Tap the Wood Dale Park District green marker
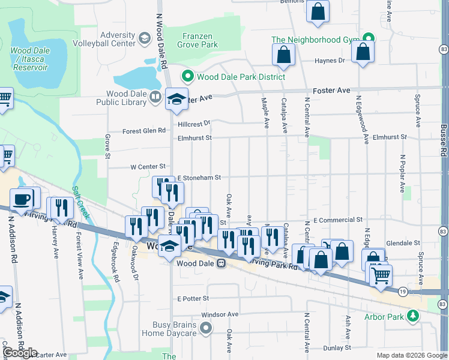[x=187, y=77]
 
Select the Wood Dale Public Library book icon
[x=155, y=96]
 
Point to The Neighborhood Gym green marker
[x=367, y=40]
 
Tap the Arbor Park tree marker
[x=412, y=315]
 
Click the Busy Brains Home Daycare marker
[x=206, y=328]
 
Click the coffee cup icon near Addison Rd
[x=22, y=199]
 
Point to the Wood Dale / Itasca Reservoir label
[x=28, y=59]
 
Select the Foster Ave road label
[x=336, y=90]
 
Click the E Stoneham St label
[x=200, y=178]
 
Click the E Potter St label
[x=193, y=298]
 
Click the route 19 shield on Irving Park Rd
[x=403, y=291]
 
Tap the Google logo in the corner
[x=20, y=353]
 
